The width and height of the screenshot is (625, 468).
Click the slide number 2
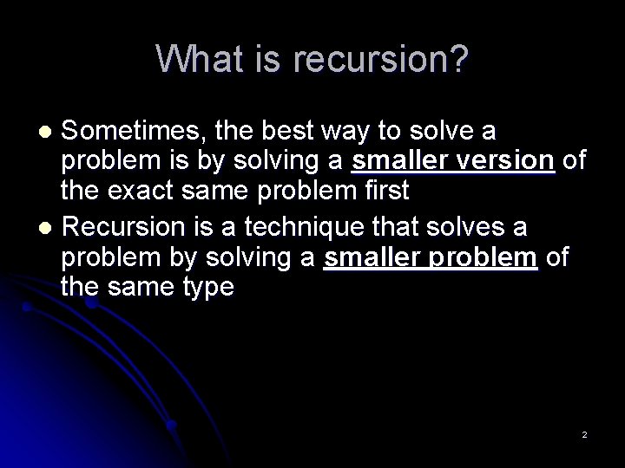tap(584, 433)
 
